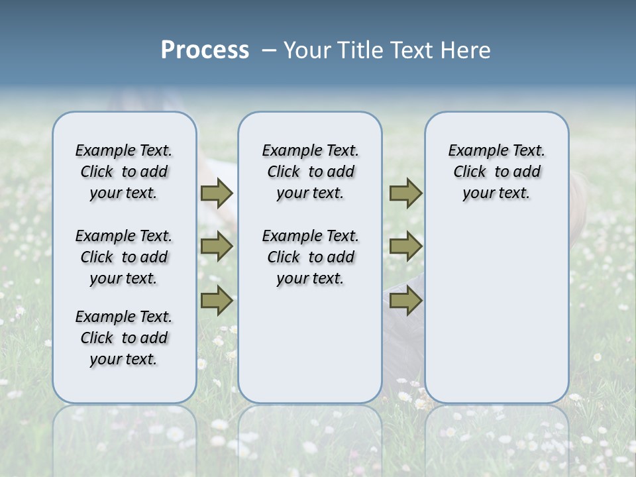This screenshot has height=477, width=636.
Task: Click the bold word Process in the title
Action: click(x=205, y=50)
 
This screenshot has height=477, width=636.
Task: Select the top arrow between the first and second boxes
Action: click(x=217, y=193)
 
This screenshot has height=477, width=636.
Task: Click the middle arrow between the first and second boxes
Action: click(x=217, y=246)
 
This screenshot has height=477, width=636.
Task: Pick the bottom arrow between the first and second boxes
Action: click(x=217, y=301)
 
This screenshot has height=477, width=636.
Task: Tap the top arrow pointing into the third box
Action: click(x=405, y=193)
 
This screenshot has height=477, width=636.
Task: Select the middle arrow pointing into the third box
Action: click(x=405, y=246)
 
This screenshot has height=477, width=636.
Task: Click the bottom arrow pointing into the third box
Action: click(x=405, y=301)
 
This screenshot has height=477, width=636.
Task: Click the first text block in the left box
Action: click(x=124, y=172)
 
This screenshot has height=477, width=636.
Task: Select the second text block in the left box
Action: click(x=124, y=257)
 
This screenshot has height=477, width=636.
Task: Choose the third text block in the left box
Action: click(x=124, y=338)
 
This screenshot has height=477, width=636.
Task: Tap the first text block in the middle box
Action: click(x=310, y=172)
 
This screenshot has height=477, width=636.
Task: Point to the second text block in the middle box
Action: click(x=310, y=257)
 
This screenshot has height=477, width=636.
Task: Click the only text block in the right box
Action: click(x=496, y=172)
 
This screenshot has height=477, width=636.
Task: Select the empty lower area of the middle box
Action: click(x=310, y=344)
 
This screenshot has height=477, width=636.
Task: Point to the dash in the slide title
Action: click(x=269, y=50)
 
